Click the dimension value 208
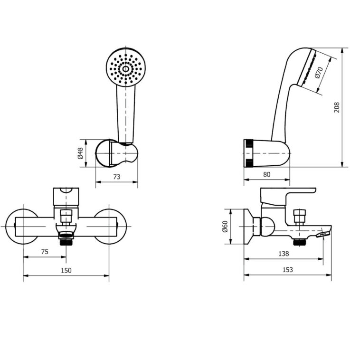click(x=337, y=107)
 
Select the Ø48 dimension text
click(x=80, y=153)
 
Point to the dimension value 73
click(x=117, y=177)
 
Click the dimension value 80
click(x=266, y=174)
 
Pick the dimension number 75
click(x=45, y=252)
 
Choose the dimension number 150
click(x=66, y=270)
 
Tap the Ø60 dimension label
click(x=225, y=227)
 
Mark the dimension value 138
click(x=284, y=254)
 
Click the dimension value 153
click(x=288, y=270)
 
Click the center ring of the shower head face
click(x=125, y=69)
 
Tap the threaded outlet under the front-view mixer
click(x=66, y=242)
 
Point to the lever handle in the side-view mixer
click(x=288, y=196)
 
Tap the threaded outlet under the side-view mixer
click(x=300, y=242)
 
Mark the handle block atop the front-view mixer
click(x=66, y=197)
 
